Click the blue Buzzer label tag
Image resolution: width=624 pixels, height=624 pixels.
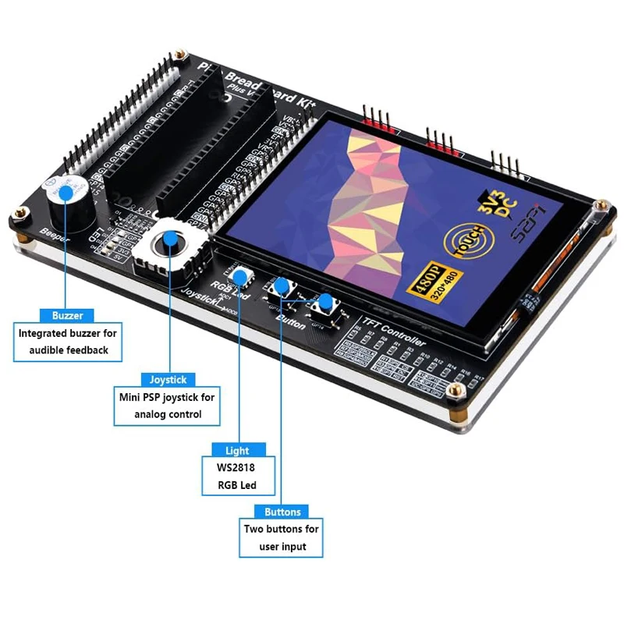67,316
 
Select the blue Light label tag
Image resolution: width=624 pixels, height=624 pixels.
237,450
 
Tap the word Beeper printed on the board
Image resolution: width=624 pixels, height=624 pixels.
54,237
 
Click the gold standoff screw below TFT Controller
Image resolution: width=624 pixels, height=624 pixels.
462,388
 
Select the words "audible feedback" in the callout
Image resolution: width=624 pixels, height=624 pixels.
69,350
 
